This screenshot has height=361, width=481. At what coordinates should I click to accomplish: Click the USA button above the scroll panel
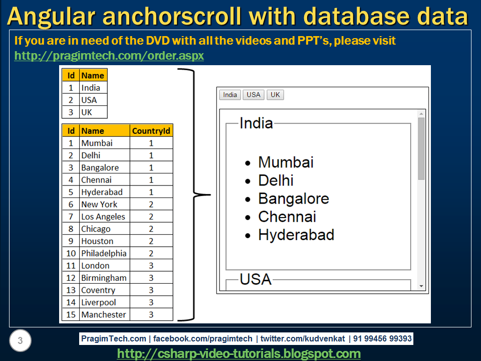click(254, 95)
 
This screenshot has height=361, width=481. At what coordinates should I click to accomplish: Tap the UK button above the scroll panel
click(275, 95)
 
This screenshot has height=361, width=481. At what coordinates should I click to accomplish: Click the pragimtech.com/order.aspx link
click(109, 56)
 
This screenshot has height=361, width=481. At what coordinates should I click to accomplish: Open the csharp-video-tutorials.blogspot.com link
click(239, 353)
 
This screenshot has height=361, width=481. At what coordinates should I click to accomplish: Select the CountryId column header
click(151, 131)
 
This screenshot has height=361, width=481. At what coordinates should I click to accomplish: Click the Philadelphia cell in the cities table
click(104, 253)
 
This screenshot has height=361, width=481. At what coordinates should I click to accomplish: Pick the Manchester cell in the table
click(104, 314)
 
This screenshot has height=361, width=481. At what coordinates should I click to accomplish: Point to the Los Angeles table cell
click(103, 217)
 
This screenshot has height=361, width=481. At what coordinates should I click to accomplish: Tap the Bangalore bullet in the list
click(293, 199)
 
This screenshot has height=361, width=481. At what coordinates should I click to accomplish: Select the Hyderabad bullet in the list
click(296, 235)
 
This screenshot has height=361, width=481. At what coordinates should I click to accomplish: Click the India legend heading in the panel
click(256, 123)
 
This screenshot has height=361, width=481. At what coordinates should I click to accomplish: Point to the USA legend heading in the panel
click(256, 279)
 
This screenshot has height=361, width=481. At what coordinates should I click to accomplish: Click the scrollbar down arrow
click(421, 286)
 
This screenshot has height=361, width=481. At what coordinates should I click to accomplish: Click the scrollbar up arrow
click(421, 114)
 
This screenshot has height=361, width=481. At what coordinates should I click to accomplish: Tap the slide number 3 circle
click(20, 341)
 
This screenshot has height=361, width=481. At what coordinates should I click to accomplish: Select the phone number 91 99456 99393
click(382, 338)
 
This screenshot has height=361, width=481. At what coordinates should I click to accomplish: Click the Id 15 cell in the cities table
click(71, 314)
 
